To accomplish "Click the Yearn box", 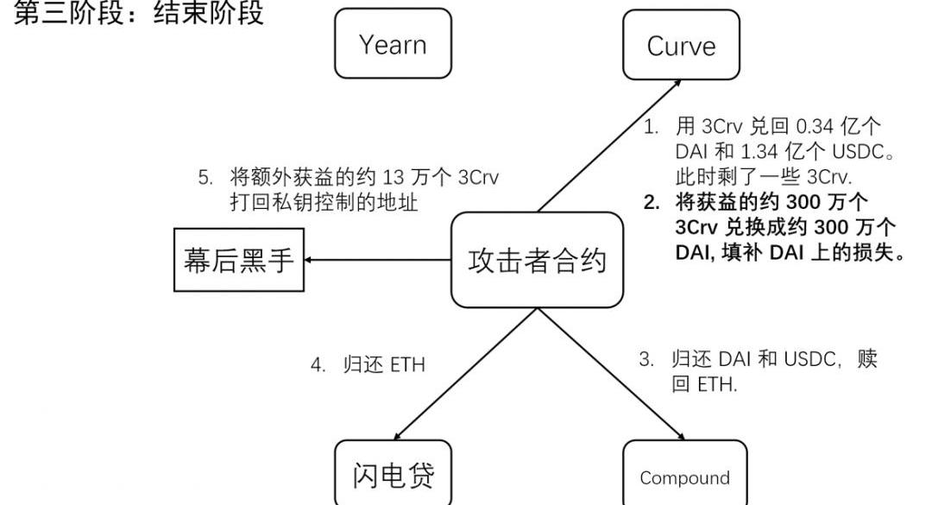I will tap(393, 44).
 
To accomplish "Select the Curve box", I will tap(681, 45).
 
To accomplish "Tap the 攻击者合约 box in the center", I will tap(538, 260).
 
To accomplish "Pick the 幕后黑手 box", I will tap(239, 260).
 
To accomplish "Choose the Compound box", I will tap(684, 477).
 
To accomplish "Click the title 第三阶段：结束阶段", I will tap(138, 14).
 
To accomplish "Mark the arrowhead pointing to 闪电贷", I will tap(396, 435).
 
